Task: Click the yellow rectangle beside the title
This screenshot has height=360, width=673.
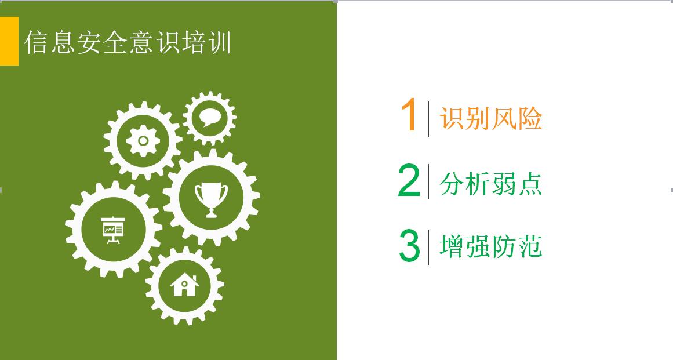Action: point(9,41)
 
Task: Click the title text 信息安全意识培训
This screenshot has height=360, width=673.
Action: point(128,42)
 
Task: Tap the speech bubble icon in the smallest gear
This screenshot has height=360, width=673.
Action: point(209,117)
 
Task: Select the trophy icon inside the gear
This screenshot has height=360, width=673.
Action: point(211,199)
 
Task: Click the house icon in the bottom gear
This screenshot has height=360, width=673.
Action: point(184,285)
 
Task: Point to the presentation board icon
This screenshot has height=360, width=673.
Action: point(113,230)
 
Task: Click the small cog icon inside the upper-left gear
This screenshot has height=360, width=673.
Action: point(143,141)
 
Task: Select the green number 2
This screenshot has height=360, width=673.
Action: point(409,181)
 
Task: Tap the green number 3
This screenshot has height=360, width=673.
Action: point(409,245)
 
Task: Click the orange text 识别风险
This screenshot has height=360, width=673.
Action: point(491,118)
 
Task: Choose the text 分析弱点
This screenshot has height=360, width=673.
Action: point(490,184)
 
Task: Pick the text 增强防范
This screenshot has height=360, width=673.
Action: point(491,246)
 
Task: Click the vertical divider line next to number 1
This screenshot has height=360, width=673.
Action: point(429,119)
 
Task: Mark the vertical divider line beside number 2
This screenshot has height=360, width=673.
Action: point(429,181)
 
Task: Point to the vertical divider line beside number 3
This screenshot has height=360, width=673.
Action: point(429,247)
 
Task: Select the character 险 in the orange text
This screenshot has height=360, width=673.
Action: point(530,118)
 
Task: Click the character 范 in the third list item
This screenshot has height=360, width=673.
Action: point(530,246)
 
